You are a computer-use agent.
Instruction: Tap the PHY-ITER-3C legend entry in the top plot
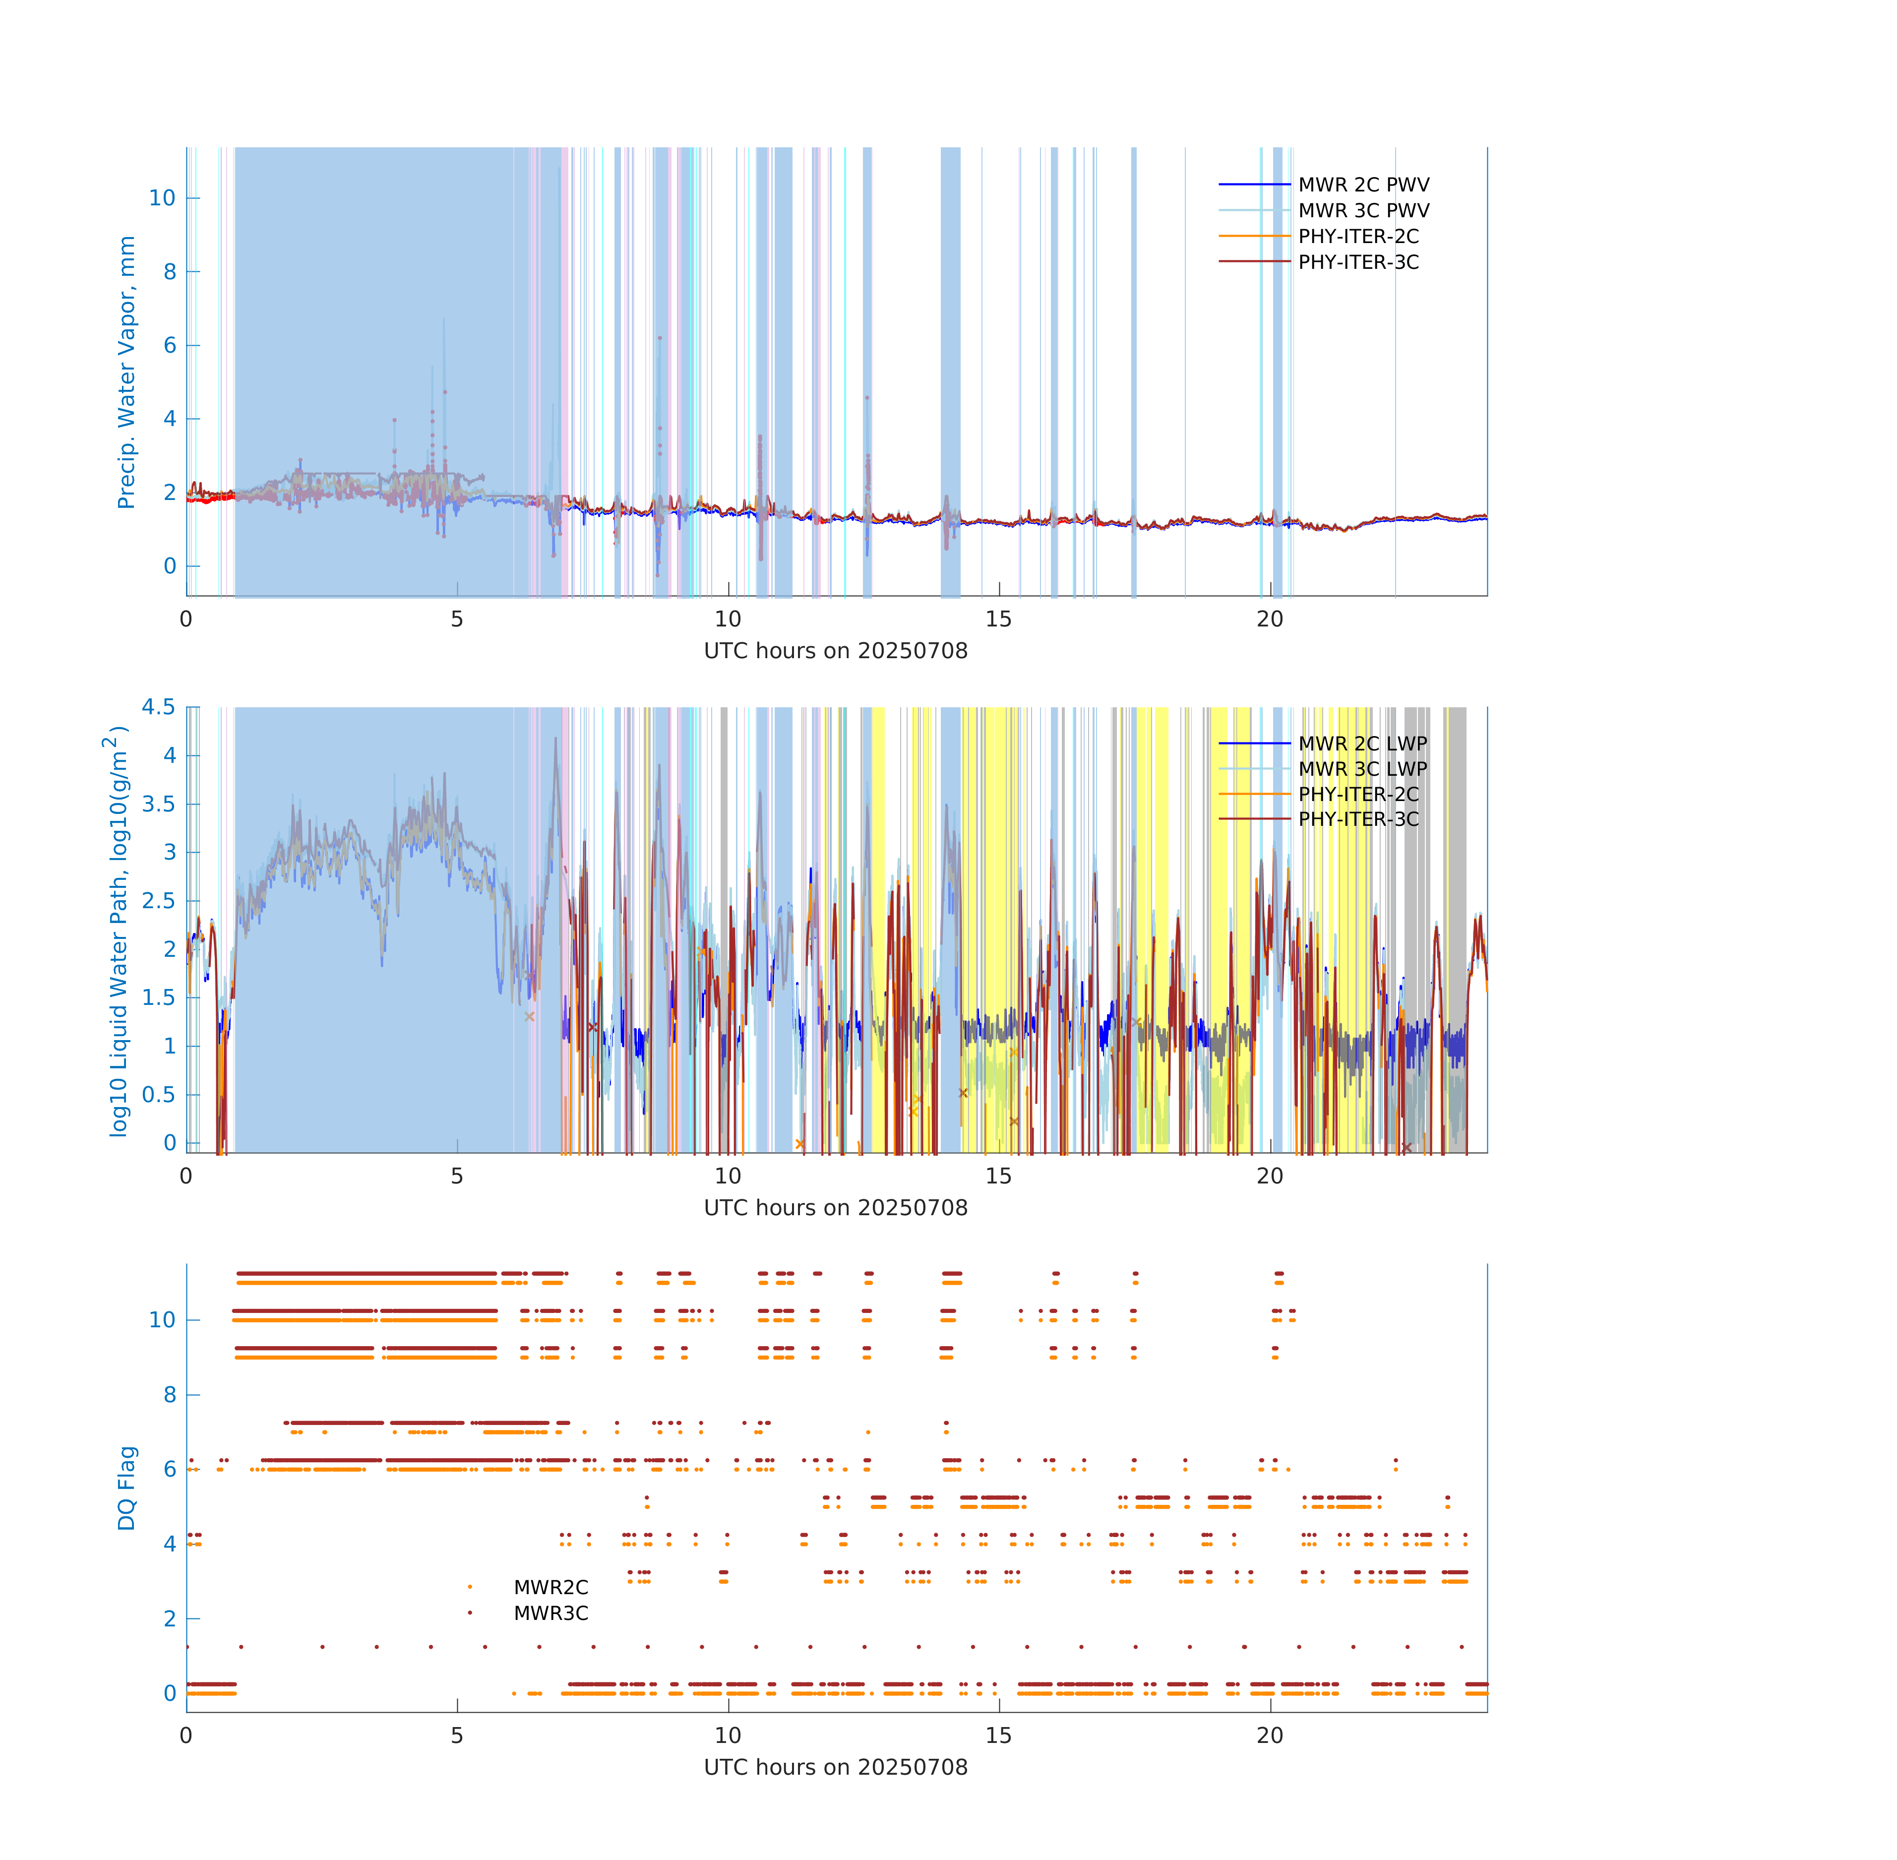click(1358, 262)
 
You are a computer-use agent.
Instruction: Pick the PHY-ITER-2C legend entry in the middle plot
click(1358, 794)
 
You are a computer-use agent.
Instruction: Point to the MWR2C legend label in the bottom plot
click(551, 1587)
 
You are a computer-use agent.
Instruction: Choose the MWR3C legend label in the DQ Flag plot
click(551, 1614)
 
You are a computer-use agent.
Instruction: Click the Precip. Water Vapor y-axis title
click(126, 372)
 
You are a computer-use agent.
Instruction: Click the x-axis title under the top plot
click(835, 651)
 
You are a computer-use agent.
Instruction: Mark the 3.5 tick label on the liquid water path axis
click(158, 804)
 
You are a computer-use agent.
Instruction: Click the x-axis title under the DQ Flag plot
click(835, 1767)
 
